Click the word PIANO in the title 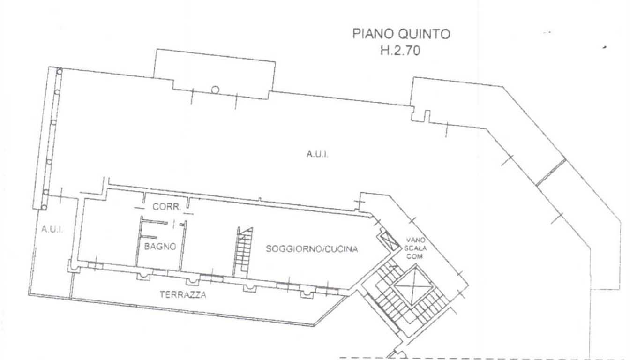tap(373, 34)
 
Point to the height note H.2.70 tap(400, 51)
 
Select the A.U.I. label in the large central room tap(317, 154)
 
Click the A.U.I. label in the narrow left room tap(52, 230)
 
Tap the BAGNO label tap(160, 247)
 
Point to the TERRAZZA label tap(183, 294)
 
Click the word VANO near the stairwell tap(415, 240)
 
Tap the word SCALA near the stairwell tap(415, 248)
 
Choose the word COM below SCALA tap(415, 256)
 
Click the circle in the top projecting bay tap(215, 90)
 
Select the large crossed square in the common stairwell tap(413, 286)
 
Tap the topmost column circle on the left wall tap(60, 71)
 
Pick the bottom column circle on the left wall tap(44, 208)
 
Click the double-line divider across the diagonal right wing tap(551, 172)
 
